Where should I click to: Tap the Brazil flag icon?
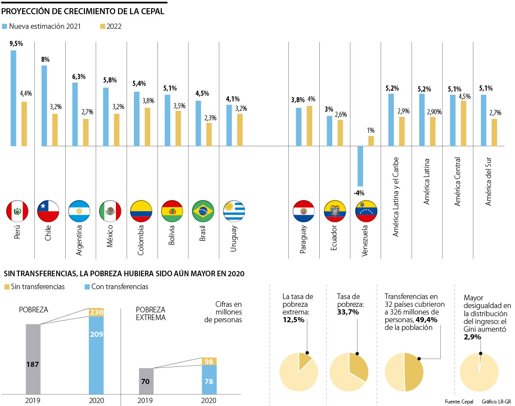click(x=203, y=211)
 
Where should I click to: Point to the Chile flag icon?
click(x=48, y=211)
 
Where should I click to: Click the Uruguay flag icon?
click(x=234, y=211)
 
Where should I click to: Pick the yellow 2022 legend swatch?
click(x=102, y=26)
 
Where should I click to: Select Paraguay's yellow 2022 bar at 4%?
click(x=309, y=126)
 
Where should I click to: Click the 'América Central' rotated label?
click(x=457, y=181)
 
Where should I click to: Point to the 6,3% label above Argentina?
click(x=79, y=77)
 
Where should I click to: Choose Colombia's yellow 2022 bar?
click(x=147, y=127)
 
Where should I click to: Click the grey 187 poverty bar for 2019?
click(x=33, y=359)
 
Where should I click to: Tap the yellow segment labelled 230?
click(x=96, y=312)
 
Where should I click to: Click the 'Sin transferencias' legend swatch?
click(x=6, y=287)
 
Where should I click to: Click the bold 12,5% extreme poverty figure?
click(x=294, y=320)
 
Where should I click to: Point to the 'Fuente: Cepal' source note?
click(x=459, y=402)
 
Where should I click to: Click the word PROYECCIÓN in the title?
click(x=26, y=11)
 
